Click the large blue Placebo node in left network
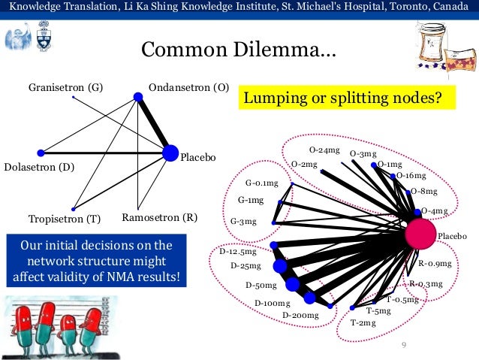[170, 153]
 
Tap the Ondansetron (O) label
[188, 86]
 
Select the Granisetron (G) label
[66, 86]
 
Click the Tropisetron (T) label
[64, 219]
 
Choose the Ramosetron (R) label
[159, 219]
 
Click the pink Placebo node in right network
[420, 235]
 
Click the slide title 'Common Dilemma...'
[239, 51]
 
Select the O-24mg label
[324, 150]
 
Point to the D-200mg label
[300, 315]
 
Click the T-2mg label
[363, 322]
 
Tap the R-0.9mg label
[435, 263]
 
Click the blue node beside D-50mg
[292, 284]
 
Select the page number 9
[404, 345]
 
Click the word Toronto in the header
[414, 7]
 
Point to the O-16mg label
[411, 176]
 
